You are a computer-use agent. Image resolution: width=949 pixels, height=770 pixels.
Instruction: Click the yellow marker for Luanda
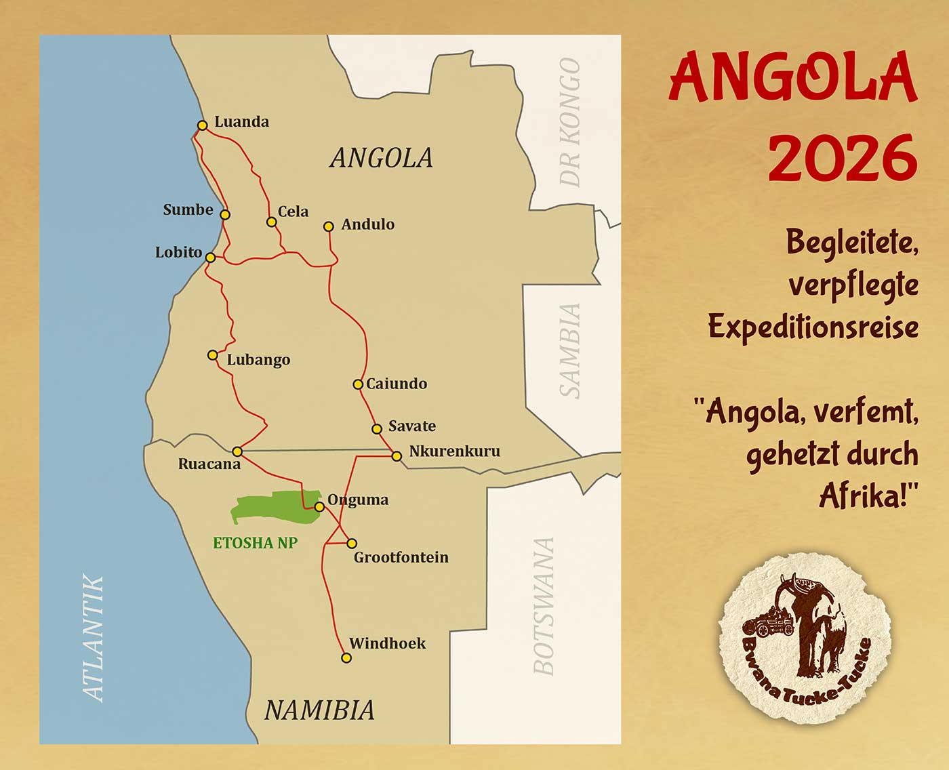point(202,125)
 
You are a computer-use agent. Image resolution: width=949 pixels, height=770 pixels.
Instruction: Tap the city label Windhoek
point(387,643)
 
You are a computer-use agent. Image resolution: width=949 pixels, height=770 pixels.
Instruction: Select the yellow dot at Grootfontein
point(352,544)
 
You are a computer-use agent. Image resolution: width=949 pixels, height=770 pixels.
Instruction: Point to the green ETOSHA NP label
point(255,543)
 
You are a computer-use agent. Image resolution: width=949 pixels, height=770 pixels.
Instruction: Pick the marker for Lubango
point(213,355)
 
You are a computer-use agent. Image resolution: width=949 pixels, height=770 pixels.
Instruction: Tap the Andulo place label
point(367,224)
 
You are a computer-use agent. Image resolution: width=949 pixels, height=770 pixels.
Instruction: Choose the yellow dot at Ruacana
point(237,451)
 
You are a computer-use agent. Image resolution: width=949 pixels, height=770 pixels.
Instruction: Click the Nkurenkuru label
point(454,451)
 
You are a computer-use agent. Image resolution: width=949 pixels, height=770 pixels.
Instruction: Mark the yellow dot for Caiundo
point(358,384)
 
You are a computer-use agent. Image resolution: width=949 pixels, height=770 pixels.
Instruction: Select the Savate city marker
point(377,429)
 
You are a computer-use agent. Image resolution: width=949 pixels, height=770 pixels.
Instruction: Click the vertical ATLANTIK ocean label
point(94,637)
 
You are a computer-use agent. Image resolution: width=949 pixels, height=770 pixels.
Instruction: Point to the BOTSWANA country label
point(544,607)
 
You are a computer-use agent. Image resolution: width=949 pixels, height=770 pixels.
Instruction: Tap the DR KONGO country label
point(570,123)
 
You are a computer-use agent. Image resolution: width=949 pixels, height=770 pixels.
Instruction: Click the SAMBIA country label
point(570,350)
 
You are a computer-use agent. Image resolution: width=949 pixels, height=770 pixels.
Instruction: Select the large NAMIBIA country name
point(319,710)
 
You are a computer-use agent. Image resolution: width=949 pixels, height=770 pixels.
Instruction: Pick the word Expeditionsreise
point(813,327)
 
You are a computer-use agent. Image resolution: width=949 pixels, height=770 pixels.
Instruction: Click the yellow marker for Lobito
point(211,258)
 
